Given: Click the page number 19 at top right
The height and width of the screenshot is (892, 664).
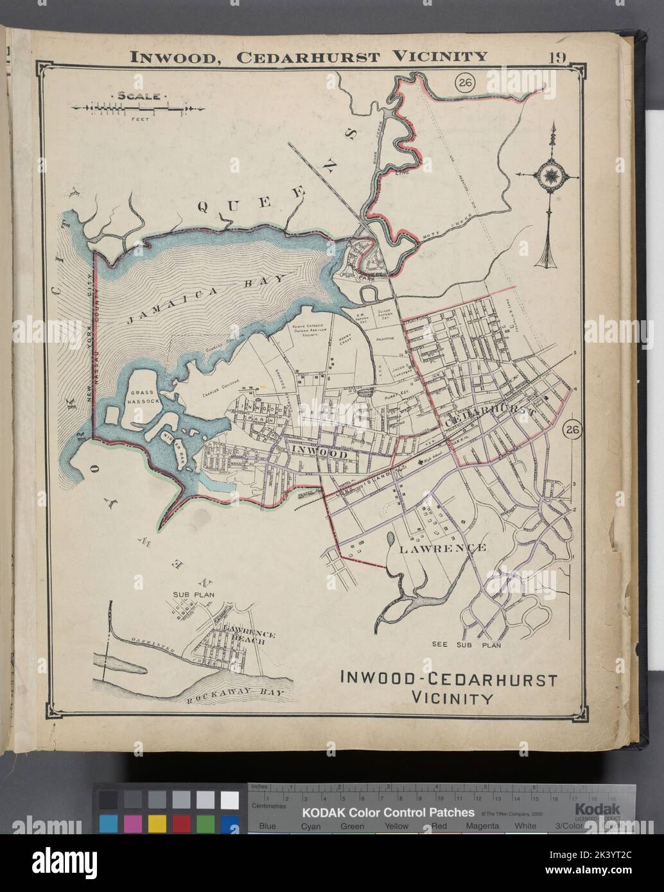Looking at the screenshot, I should tap(557, 56).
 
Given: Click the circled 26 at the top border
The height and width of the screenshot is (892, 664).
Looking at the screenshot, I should tap(464, 82).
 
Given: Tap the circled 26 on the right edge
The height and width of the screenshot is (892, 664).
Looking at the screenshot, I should tap(572, 431).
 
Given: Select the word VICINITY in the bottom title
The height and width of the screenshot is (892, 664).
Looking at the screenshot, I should tap(447, 697).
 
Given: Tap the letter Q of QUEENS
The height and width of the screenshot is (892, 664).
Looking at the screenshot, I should tap(205, 206).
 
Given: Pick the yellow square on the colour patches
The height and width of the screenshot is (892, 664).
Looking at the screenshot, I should tap(157, 822).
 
